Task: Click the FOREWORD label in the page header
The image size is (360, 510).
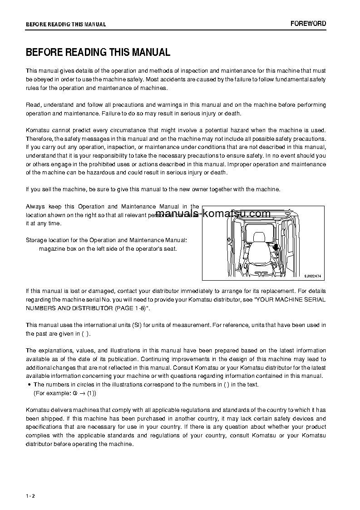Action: click(308, 24)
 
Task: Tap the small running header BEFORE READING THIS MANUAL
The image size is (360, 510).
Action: click(66, 25)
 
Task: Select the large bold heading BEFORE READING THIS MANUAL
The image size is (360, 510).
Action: click(98, 52)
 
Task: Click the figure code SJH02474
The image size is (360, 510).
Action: click(313, 275)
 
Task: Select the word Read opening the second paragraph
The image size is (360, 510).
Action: click(33, 105)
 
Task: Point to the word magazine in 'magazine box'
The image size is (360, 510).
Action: click(51, 248)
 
